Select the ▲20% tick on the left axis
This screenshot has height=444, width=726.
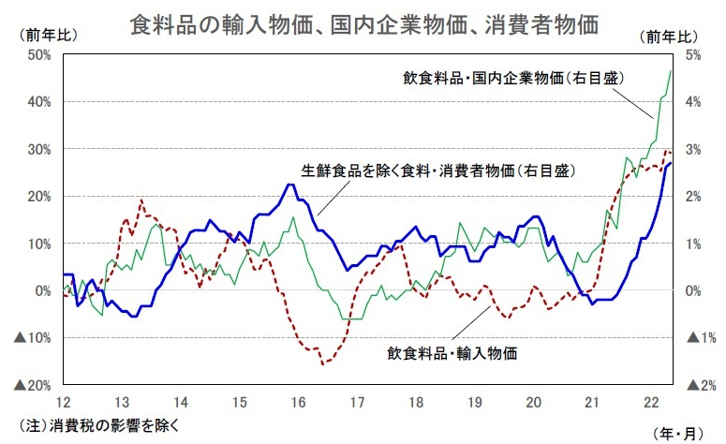(34, 385)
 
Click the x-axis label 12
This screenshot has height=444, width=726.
(64, 402)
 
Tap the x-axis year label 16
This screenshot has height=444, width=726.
(298, 402)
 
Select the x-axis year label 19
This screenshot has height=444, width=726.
(475, 402)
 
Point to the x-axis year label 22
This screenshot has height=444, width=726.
(651, 402)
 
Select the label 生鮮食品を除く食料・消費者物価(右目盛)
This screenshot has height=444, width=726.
(437, 171)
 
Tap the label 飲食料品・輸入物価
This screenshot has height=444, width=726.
(452, 353)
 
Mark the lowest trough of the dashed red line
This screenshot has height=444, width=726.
(323, 363)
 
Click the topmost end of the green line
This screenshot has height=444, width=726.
(671, 70)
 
